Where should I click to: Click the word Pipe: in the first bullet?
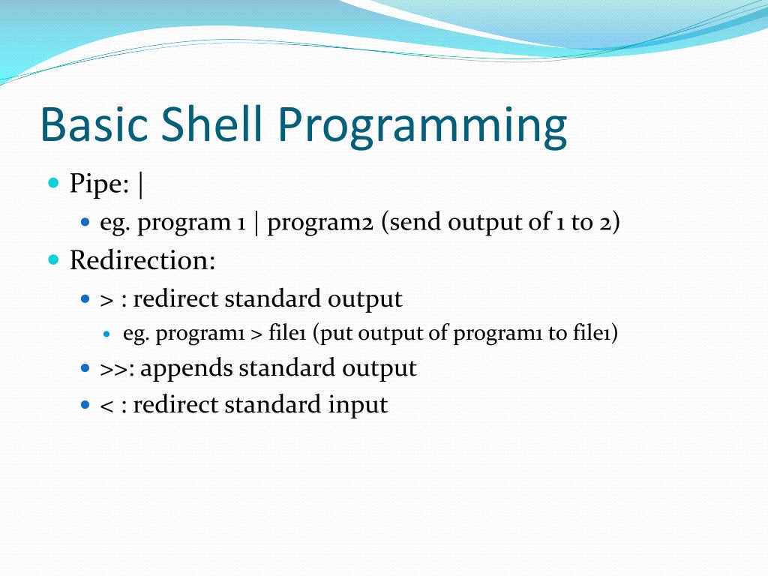click(100, 184)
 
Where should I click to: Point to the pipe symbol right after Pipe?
click(141, 184)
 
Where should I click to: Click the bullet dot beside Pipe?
click(52, 183)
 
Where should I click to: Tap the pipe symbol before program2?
click(256, 223)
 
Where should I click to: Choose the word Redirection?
click(142, 261)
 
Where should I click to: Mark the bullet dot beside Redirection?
click(52, 259)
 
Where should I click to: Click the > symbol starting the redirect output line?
click(106, 299)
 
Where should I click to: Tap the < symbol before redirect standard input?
click(106, 406)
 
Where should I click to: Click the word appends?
click(187, 369)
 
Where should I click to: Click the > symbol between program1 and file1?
click(256, 334)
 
